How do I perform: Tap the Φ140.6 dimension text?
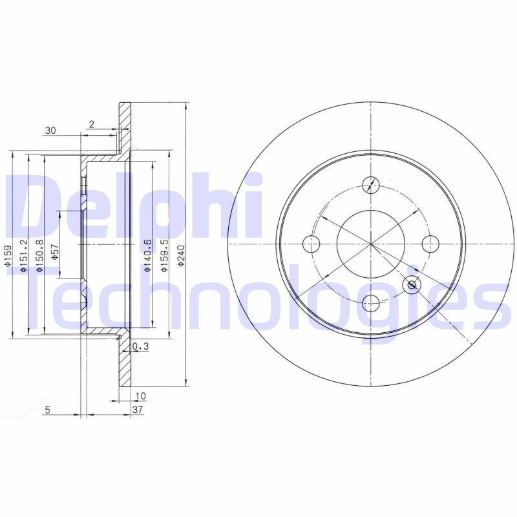click(148, 256)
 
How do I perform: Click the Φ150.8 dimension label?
click(40, 255)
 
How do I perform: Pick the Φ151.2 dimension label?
click(24, 255)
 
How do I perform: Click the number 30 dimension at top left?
click(50, 131)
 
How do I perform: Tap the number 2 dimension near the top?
click(92, 124)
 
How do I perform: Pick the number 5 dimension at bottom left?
click(48, 410)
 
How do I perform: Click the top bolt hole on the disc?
click(370, 185)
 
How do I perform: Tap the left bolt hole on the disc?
click(311, 244)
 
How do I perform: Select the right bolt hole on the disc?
click(429, 243)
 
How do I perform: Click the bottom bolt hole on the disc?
click(370, 301)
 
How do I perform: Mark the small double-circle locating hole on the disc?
click(411, 284)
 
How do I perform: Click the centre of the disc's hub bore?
click(370, 244)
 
